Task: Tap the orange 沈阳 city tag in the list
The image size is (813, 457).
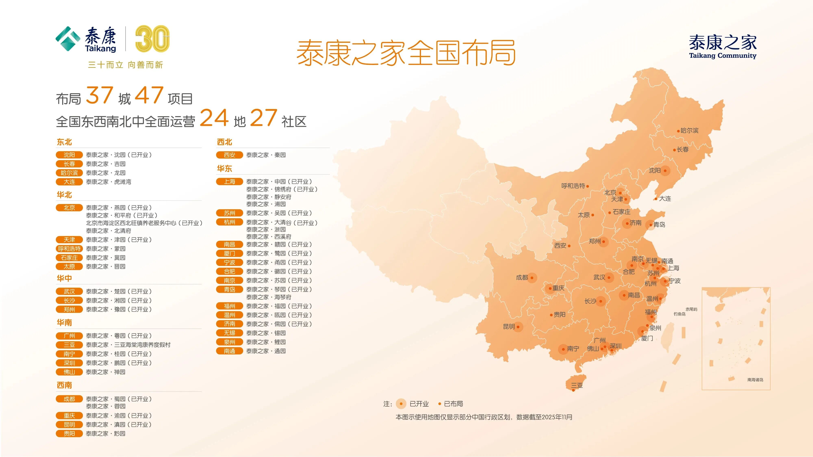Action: point(69,155)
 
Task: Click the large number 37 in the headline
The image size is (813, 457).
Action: point(99,95)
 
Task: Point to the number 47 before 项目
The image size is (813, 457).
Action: point(149,95)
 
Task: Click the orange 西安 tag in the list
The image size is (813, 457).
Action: point(229,155)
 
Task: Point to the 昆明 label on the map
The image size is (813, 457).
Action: point(509,326)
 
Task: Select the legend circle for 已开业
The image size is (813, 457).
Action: point(401,404)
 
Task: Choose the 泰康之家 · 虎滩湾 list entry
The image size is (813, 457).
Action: point(109,182)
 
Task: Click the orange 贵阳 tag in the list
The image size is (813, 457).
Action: point(69,434)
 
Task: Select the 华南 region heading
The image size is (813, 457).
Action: point(64,322)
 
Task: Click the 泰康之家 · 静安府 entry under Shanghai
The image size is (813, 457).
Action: point(269,197)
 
